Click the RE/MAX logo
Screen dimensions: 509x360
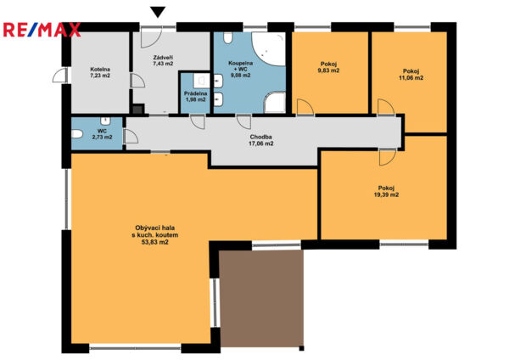pos(42,30)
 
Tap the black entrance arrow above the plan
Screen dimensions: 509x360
pos(158,12)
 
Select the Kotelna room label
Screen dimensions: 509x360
pos(100,70)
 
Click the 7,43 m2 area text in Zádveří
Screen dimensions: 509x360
pos(163,64)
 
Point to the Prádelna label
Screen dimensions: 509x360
pos(195,93)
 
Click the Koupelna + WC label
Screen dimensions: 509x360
pos(241,66)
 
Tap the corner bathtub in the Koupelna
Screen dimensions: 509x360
pos(268,48)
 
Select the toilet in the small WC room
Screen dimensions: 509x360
pos(77,134)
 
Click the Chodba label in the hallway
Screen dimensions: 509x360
pos(260,137)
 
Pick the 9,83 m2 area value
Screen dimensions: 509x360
pos(328,70)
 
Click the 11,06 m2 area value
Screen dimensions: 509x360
pos(411,77)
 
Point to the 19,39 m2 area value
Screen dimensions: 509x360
pos(386,195)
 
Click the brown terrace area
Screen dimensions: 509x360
pos(261,298)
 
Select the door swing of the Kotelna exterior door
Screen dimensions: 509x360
pos(59,76)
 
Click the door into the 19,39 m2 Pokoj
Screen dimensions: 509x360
pos(388,157)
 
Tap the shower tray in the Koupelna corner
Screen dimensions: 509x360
pos(274,103)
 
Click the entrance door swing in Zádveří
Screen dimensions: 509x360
pos(151,37)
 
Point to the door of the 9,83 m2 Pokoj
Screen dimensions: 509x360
pos(305,107)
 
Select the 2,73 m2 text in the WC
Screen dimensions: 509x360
pos(103,137)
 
